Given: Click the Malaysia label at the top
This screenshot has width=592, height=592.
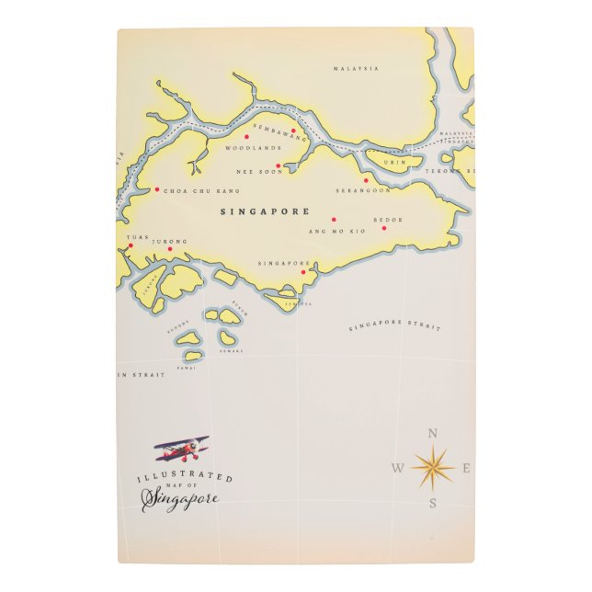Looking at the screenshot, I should point(356,68).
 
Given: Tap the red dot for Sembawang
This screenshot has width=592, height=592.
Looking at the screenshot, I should point(294,131).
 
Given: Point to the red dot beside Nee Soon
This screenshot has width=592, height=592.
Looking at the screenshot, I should point(279,166).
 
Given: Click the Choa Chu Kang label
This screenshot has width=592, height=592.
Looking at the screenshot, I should point(201,191).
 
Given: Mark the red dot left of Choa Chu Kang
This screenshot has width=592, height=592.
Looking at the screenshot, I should point(157,190).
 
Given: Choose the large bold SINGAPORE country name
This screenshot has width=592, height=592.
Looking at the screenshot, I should point(265,211).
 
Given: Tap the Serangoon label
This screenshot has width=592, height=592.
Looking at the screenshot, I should point(363,191).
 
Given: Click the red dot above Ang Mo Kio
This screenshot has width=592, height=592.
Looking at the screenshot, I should point(334,220).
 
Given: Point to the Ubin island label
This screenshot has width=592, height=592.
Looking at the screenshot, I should point(394,162).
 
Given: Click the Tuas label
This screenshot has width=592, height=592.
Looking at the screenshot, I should point(136,237).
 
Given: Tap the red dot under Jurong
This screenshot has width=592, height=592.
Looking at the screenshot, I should point(170,248).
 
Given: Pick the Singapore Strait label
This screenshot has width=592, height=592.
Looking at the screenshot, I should point(395,327).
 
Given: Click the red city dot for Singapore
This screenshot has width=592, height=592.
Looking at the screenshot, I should point(303,272).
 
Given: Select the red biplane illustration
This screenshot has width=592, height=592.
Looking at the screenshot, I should point(182,450).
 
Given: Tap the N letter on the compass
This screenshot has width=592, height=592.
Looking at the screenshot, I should point(433,434).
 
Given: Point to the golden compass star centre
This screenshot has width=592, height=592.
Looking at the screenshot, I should point(433,468).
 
